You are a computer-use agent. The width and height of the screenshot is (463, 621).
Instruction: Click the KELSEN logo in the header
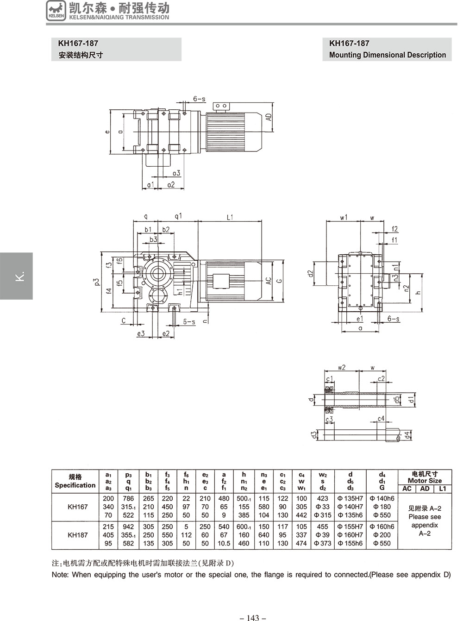[x=56, y=11]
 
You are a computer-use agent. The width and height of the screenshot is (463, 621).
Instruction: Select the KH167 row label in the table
[x=78, y=507]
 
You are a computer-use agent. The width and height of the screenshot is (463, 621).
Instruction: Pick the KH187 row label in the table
[x=78, y=535]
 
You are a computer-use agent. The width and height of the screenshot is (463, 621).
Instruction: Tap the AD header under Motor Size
[x=425, y=489]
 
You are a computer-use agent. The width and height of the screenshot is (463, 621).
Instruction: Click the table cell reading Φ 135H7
[x=350, y=498]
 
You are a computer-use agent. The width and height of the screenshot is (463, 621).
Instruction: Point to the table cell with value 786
[x=128, y=498]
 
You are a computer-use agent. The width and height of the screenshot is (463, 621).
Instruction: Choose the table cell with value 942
[x=128, y=527]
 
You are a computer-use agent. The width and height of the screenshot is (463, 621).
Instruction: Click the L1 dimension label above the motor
[x=230, y=217]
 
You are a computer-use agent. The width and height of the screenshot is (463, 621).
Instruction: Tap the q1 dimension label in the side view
[x=178, y=217]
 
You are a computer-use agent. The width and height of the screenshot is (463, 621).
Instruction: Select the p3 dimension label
[x=97, y=282]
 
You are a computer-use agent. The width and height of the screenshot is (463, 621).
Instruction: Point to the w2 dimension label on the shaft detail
[x=342, y=368]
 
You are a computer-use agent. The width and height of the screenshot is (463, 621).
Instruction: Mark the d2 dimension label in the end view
[x=311, y=274]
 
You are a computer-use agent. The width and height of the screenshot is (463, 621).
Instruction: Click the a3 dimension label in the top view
[x=176, y=173]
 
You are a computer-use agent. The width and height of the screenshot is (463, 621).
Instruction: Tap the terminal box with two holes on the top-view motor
[x=221, y=107]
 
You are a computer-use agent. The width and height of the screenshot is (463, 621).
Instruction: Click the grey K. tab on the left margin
[x=16, y=276]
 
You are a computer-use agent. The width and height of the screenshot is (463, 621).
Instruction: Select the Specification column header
[x=75, y=481]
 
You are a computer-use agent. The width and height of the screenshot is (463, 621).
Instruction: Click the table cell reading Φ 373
[x=322, y=543]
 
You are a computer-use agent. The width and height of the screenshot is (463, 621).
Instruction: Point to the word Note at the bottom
[x=60, y=575]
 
